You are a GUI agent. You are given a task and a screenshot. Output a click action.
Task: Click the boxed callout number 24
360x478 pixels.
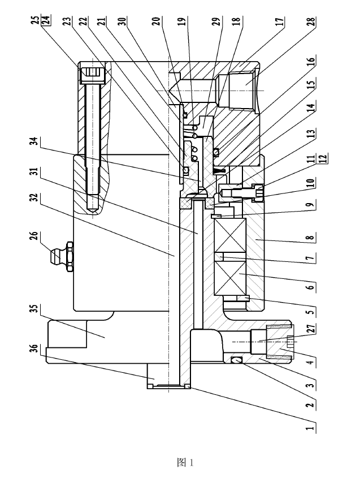click(45, 22)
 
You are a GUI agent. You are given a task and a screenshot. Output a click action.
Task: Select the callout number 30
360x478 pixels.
click(124, 23)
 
